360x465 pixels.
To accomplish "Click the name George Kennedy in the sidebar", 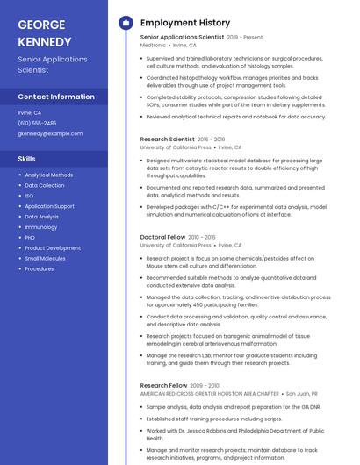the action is (x=45, y=33).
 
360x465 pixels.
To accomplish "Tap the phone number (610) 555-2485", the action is (x=37, y=123).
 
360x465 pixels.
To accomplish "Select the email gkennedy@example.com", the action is (x=50, y=133).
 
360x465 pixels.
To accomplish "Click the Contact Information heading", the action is (x=56, y=97).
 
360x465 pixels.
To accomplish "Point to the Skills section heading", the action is (x=27, y=159).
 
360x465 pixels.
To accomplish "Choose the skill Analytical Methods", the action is (x=49, y=175).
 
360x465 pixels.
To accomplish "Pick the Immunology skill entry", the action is (x=40, y=227).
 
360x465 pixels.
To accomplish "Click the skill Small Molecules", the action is (x=45, y=259).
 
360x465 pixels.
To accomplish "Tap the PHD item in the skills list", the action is (x=30, y=238).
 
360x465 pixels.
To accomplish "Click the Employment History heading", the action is (x=185, y=23).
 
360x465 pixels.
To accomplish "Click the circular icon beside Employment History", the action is (x=126, y=23).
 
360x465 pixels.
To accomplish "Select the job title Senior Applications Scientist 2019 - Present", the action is (x=201, y=38).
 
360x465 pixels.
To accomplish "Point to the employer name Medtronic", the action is (x=153, y=45).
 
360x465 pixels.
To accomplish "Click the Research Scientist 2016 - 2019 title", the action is (x=183, y=139).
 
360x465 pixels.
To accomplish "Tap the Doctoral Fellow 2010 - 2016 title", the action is (x=177, y=237).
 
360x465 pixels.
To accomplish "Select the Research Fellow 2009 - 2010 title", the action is (x=178, y=386).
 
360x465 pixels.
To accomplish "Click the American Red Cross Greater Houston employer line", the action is (x=209, y=394).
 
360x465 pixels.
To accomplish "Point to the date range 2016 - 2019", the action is (x=212, y=139).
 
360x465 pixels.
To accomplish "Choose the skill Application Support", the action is (x=49, y=206).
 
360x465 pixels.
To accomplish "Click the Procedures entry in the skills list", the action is (x=40, y=269).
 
